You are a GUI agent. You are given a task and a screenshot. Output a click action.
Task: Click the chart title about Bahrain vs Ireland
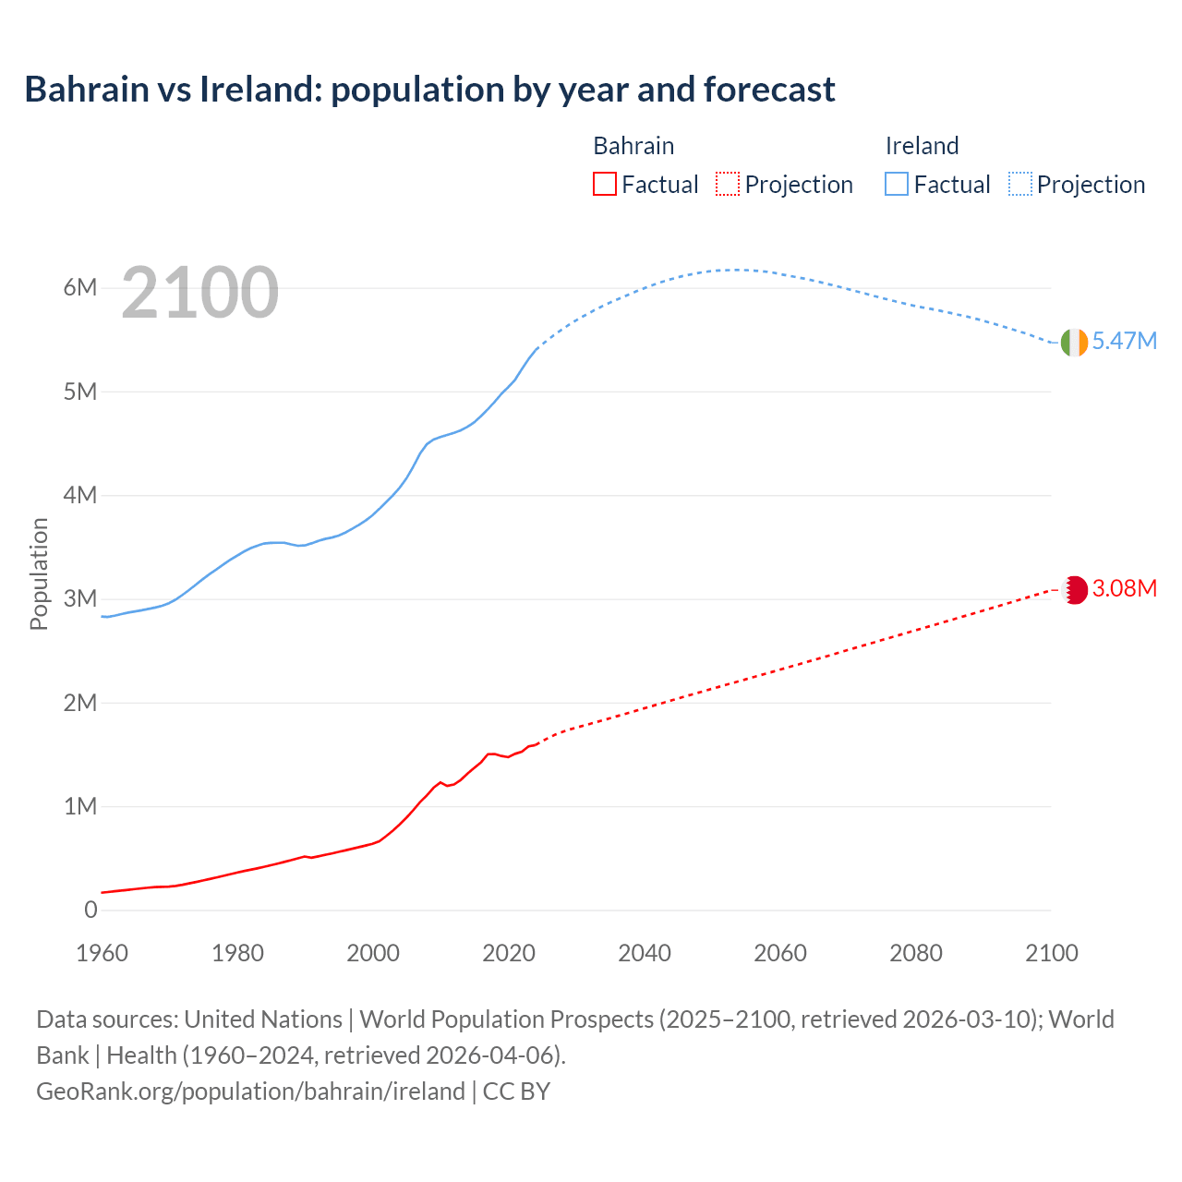pos(429,90)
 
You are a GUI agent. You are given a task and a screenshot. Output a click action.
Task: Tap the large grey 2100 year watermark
pos(199,293)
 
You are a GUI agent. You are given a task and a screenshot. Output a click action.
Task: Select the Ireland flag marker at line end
pos(1074,342)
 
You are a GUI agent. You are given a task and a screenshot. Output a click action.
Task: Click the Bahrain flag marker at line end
pos(1075,589)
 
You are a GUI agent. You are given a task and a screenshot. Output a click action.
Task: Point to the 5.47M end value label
pos(1124,341)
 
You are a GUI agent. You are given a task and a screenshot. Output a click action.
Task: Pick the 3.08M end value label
pos(1124,588)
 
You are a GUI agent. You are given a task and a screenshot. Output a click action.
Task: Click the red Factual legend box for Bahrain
pos(605,184)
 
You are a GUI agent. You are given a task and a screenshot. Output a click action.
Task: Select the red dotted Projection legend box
pos(728,184)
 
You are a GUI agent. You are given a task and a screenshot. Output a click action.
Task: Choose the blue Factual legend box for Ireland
pos(897,184)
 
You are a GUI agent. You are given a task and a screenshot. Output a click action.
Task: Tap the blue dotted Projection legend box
pos(1020,184)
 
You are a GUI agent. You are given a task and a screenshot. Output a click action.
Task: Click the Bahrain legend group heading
pos(633,146)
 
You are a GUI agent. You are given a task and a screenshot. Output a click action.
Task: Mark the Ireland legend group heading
pos(922,146)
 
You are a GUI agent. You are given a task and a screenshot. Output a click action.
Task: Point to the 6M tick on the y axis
pos(80,287)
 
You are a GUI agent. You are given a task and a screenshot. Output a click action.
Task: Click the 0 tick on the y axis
pos(90,910)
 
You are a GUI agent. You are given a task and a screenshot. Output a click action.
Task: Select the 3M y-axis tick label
pos(80,598)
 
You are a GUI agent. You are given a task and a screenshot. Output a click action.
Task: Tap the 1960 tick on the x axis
pos(102,953)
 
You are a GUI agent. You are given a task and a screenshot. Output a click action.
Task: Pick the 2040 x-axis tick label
pos(645,953)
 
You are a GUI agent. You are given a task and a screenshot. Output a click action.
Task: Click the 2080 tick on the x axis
pos(916,953)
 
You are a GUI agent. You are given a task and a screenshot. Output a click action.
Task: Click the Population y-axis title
pos(39,573)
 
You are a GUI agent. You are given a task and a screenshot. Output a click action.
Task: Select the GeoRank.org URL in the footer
pos(250,1091)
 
